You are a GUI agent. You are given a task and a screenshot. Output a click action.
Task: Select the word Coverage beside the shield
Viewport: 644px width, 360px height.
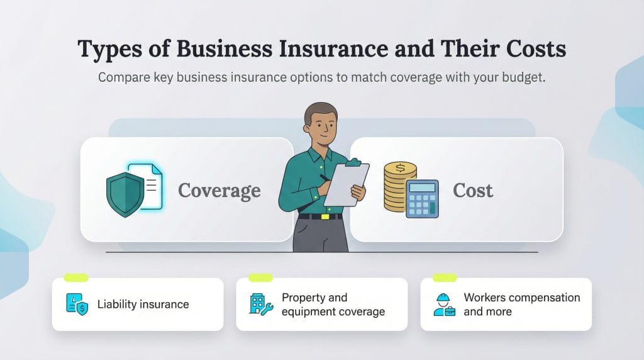(219, 191)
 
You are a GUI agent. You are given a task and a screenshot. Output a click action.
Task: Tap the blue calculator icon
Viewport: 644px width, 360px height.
(422, 198)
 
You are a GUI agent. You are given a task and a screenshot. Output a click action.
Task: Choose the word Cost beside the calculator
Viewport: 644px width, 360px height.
(473, 191)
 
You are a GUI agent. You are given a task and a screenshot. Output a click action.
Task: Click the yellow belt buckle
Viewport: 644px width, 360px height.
(325, 217)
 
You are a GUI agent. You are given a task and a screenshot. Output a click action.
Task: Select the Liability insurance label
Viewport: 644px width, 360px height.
(143, 305)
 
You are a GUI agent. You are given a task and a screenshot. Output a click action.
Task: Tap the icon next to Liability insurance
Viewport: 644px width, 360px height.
(77, 304)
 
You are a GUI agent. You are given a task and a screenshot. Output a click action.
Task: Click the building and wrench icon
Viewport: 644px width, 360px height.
(260, 304)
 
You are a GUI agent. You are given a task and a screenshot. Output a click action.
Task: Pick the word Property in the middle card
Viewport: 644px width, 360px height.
(306, 298)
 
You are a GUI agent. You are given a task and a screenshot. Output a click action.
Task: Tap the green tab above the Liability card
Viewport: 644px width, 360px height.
(76, 278)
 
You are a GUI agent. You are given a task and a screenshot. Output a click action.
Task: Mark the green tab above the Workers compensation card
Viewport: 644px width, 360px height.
(445, 278)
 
